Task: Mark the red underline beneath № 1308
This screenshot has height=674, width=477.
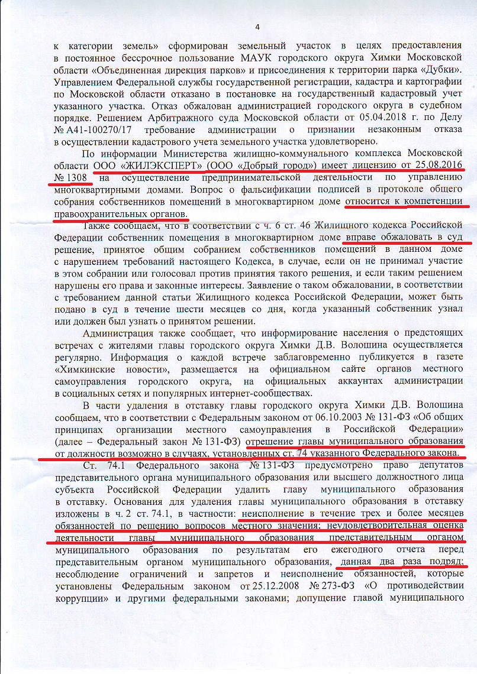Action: pyautogui.click(x=72, y=183)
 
